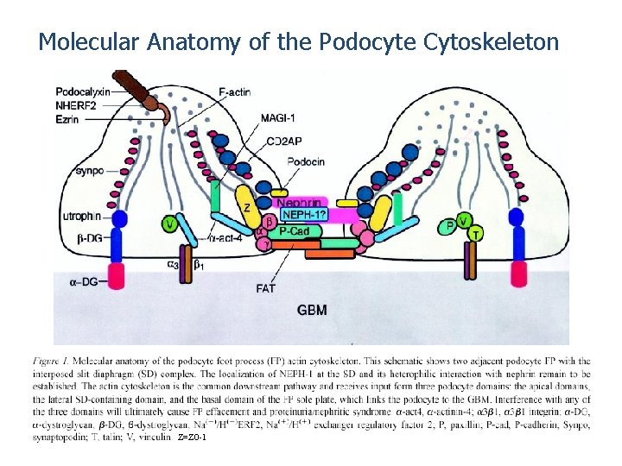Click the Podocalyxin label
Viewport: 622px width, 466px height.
click(83, 91)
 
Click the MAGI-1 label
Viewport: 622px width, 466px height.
click(279, 117)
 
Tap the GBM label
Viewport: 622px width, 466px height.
click(312, 309)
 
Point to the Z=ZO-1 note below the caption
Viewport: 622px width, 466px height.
click(191, 439)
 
